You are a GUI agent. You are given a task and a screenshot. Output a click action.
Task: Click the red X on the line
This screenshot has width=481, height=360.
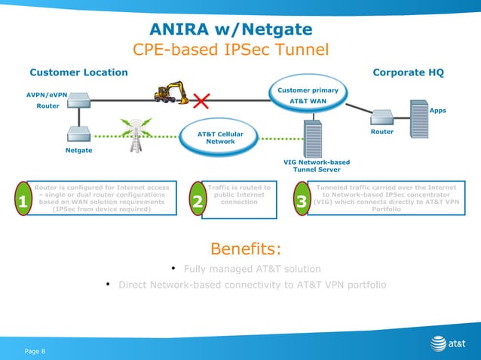pos(202,100)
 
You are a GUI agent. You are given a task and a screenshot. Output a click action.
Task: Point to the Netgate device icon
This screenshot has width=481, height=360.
pos(79,133)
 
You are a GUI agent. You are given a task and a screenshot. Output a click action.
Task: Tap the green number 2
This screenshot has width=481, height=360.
pos(198,201)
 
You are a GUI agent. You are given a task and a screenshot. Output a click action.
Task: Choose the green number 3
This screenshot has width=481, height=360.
pos(302,201)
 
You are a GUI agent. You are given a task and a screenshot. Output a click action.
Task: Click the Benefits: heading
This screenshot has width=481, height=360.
pos(246,249)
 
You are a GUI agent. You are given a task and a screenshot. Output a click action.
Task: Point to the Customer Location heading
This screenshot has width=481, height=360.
pos(78,72)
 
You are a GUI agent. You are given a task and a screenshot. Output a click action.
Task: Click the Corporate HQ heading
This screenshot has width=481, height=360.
pos(408,72)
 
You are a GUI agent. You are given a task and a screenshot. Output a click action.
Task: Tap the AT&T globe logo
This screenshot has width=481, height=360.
pos(437,343)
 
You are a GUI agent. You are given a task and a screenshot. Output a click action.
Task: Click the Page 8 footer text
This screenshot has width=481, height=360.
pos(35,351)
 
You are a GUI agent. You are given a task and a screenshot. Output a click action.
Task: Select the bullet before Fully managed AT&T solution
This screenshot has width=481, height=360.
pos(173,267)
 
